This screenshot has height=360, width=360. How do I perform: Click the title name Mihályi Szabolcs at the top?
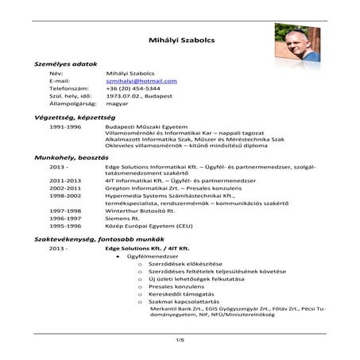(180, 39)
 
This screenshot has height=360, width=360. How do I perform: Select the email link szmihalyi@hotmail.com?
(141, 81)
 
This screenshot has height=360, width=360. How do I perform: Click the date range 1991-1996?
(64, 126)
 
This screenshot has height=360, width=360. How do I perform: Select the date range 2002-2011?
(64, 188)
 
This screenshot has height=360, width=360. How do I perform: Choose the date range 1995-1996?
(64, 223)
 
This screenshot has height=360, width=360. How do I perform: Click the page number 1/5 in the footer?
(180, 340)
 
